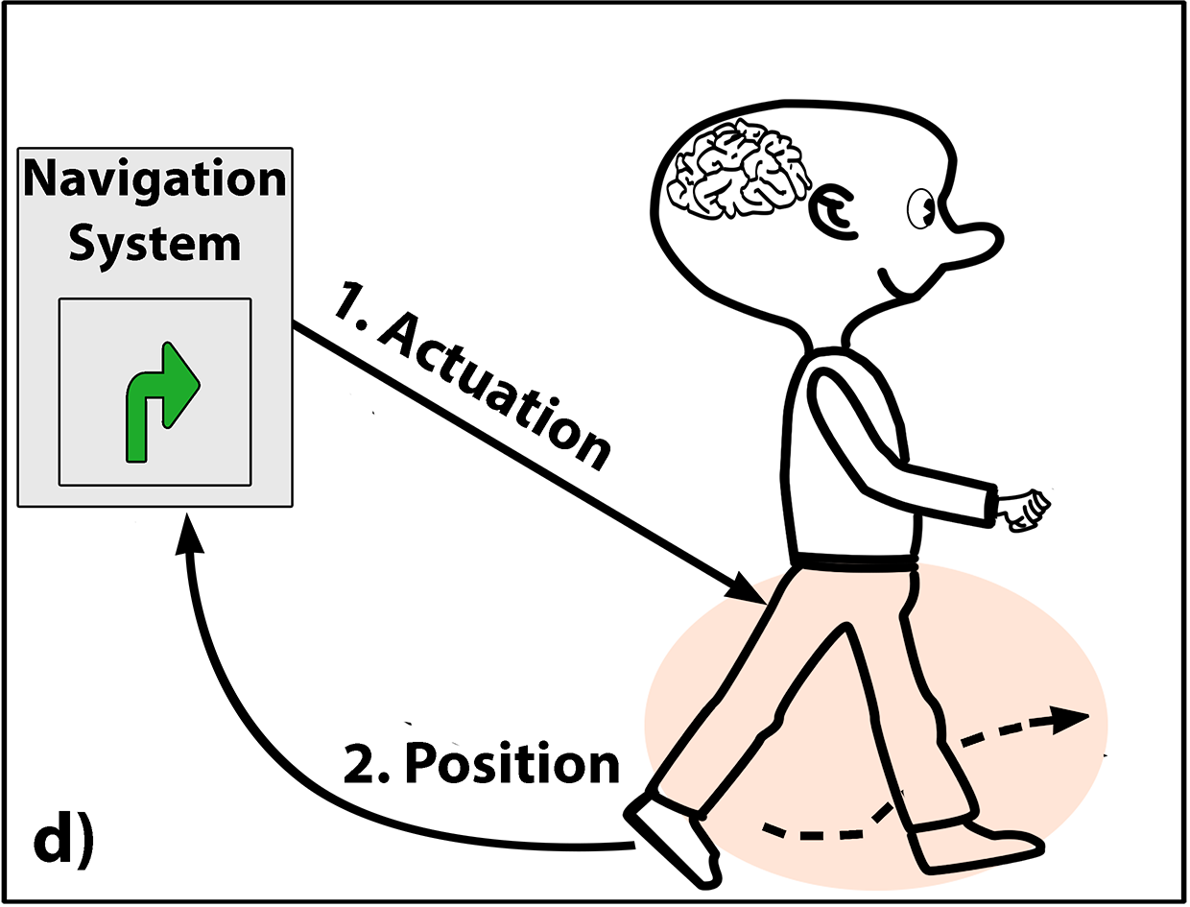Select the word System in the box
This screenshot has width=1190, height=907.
(x=155, y=245)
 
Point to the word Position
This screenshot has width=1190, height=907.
(x=512, y=764)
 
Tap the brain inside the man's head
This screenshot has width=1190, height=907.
(x=738, y=169)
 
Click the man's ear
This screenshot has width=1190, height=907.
(x=833, y=213)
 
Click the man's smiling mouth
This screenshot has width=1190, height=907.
(x=897, y=284)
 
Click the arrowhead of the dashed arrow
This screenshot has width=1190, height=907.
(x=1069, y=720)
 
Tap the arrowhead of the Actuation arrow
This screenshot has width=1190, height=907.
(x=744, y=588)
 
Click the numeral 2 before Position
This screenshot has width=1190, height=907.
(x=360, y=765)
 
